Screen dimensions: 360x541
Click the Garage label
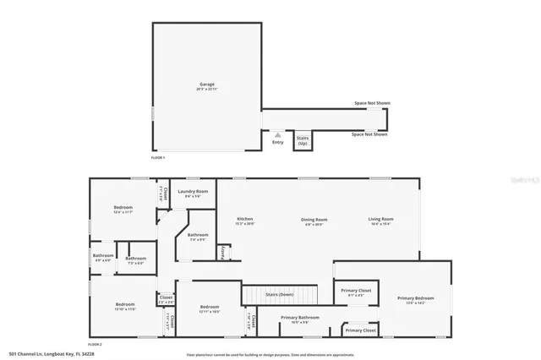point(206,85)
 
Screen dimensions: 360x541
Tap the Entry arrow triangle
point(278,134)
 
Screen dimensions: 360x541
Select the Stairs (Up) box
point(303,140)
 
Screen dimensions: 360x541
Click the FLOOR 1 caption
point(158,158)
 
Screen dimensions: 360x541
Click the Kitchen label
point(244,220)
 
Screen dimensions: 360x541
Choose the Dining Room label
point(314,220)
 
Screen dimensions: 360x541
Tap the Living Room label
point(380,220)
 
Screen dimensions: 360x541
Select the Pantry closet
point(223,252)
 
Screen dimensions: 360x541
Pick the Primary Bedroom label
point(416,298)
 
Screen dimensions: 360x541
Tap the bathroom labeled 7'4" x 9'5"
point(198,237)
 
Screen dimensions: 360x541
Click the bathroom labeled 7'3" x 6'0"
point(135,259)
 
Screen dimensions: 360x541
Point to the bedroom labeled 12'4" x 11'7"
point(124,210)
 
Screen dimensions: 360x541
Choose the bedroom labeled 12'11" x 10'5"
point(209,308)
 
